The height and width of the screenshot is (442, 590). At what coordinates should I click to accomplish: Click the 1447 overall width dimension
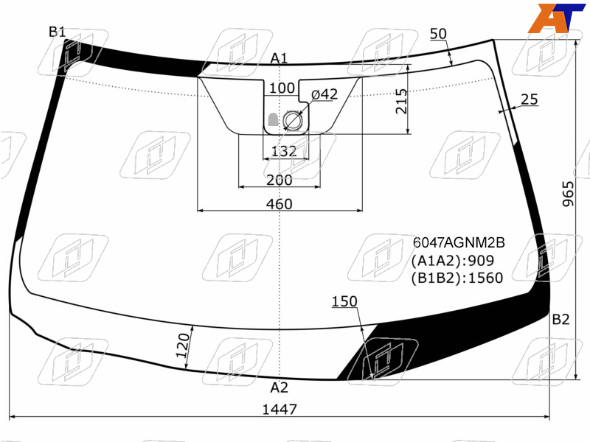(280, 409)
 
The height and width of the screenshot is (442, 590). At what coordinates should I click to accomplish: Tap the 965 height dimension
(568, 194)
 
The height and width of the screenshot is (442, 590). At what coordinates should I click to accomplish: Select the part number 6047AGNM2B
(459, 243)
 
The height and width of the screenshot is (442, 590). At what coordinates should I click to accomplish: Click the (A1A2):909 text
(452, 261)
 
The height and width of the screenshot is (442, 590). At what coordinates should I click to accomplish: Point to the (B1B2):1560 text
(457, 278)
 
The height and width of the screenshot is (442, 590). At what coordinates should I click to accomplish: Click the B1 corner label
(58, 32)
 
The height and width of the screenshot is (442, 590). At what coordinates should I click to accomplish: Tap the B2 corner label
(560, 320)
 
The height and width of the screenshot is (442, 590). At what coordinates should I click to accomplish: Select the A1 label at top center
(279, 58)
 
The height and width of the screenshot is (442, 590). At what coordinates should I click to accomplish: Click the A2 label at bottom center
(279, 387)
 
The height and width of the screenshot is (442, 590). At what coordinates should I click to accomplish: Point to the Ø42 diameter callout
(324, 94)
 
